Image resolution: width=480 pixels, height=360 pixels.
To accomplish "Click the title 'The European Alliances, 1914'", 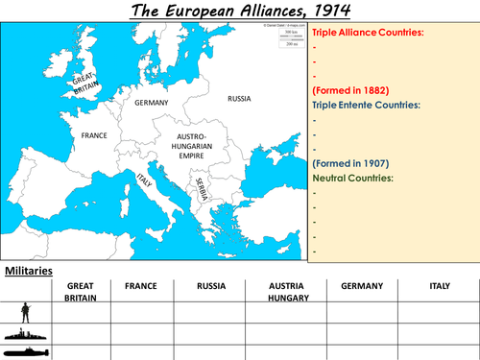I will (239, 12).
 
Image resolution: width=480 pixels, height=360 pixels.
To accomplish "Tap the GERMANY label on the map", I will (152, 102).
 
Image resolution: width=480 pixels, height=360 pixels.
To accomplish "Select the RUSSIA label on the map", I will (240, 98).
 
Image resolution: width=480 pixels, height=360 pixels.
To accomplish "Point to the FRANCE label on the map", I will (94, 135).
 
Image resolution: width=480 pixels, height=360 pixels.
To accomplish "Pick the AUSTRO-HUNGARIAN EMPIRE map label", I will (199, 144).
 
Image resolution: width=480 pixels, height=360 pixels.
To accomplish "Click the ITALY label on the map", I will (145, 180).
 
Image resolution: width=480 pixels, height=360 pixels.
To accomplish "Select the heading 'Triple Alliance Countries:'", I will (368, 33).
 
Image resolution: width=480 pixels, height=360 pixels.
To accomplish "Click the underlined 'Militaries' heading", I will (29, 271).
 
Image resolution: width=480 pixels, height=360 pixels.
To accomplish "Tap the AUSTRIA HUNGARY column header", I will (285, 292).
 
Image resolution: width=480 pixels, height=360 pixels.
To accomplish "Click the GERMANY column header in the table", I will (361, 286).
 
